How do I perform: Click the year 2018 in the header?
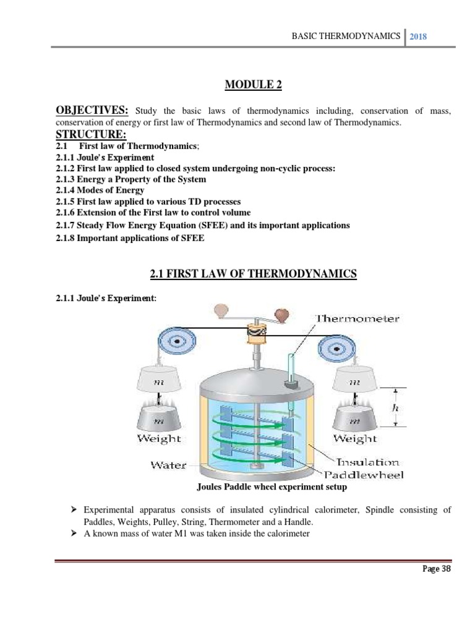click(419, 36)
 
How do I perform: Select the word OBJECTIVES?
click(92, 111)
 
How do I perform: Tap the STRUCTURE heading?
click(90, 135)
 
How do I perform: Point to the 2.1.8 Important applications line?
click(130, 238)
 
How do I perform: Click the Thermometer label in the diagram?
click(357, 319)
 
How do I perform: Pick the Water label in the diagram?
click(168, 465)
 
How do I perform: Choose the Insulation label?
click(367, 462)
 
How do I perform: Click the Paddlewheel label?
click(364, 475)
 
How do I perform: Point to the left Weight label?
click(160, 438)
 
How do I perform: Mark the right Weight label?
click(355, 438)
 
